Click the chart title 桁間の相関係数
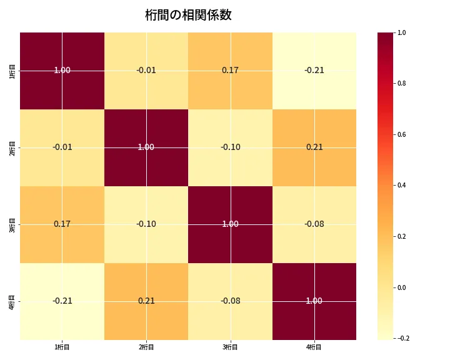tap(188, 16)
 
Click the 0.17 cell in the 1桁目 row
tap(230, 70)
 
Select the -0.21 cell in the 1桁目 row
tap(314, 70)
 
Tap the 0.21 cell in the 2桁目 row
tap(314, 147)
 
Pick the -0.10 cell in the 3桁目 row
tap(146, 224)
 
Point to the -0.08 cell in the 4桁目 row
tap(230, 301)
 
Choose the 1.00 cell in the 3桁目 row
tap(230, 224)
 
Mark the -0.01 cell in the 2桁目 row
tap(62, 147)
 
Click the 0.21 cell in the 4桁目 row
tap(146, 301)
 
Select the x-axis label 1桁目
tap(62, 347)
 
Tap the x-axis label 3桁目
tap(230, 347)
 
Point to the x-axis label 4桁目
tap(314, 347)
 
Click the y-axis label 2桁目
tap(12, 147)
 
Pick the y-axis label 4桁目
tap(12, 301)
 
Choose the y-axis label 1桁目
tap(12, 70)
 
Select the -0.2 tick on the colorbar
tap(402, 339)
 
